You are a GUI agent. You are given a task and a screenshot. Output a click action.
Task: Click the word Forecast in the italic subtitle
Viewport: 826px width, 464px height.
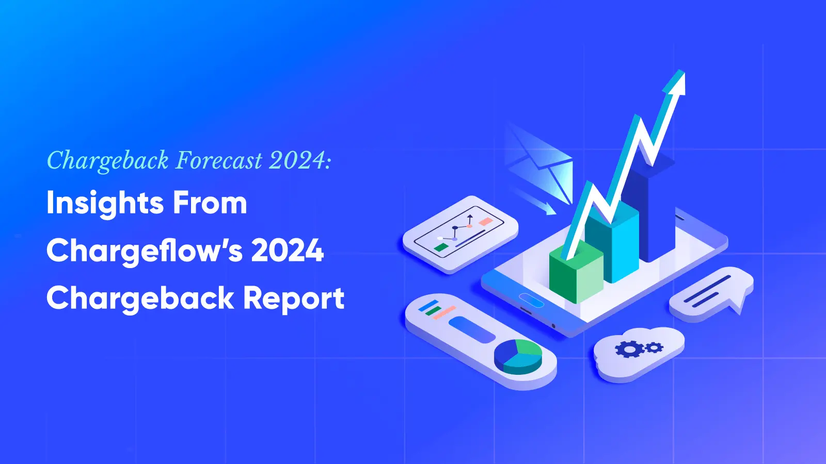tap(219, 160)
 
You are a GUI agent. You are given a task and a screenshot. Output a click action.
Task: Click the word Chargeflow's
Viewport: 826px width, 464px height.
tap(144, 251)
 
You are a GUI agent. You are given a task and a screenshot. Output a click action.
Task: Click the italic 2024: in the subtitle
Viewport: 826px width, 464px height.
tap(300, 160)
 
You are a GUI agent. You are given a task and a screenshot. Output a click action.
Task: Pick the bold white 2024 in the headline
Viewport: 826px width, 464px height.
tap(287, 251)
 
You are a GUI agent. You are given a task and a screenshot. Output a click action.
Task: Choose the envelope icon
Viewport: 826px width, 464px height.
tap(542, 162)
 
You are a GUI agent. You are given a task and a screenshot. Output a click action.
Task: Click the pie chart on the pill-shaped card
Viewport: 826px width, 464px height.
tap(518, 356)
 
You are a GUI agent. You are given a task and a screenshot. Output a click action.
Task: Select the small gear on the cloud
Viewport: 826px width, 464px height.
tap(655, 347)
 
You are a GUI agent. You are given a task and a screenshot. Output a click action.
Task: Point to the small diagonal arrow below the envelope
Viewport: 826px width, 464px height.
tap(537, 202)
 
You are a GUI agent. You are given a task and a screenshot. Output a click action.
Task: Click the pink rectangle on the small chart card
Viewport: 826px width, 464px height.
tap(486, 222)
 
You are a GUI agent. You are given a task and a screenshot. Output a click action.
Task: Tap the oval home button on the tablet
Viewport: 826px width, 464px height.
tap(531, 300)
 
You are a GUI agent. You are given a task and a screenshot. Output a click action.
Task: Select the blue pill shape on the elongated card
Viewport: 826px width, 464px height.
tap(471, 329)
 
